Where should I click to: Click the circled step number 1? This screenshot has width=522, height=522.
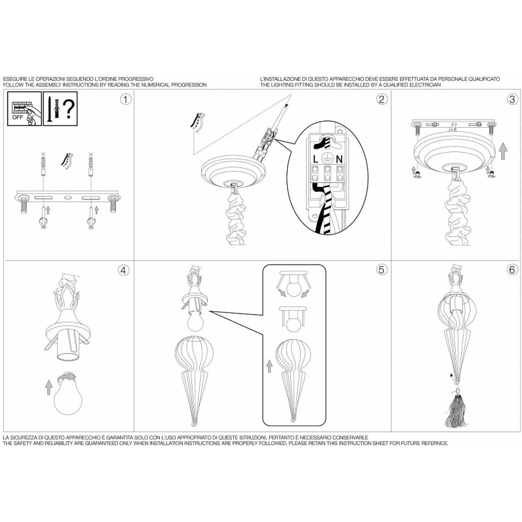(x=126, y=100)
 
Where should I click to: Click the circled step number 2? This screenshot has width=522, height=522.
(x=382, y=100)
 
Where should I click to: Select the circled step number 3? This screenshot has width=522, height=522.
(x=512, y=100)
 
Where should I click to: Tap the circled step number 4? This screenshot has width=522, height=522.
(x=124, y=270)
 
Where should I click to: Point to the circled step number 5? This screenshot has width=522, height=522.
(x=382, y=270)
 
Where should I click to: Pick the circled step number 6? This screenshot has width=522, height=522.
(x=512, y=270)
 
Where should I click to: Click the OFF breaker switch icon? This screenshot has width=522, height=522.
(x=24, y=109)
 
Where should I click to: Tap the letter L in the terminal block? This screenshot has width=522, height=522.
(x=315, y=159)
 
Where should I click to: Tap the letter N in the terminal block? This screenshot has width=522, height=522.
(x=339, y=159)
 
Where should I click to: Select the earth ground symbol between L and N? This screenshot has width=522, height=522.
(x=327, y=158)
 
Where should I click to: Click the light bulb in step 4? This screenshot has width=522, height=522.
(x=68, y=397)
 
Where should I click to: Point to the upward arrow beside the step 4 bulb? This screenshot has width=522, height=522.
(x=48, y=387)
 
